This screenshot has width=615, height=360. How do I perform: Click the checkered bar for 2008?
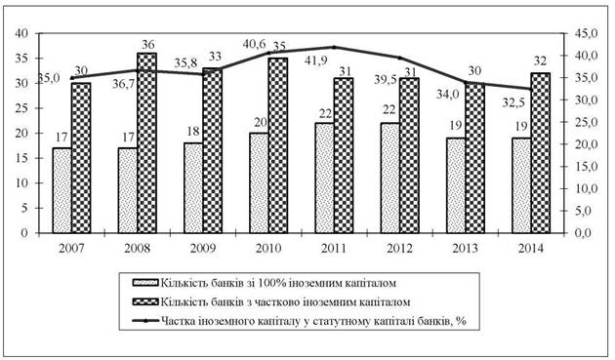click(x=147, y=142)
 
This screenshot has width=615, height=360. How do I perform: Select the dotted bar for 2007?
click(x=62, y=190)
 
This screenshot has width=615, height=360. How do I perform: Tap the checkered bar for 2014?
click(x=541, y=153)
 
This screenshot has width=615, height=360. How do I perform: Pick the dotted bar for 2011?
click(x=325, y=178)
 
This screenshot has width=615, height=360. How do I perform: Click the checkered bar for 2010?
click(x=278, y=145)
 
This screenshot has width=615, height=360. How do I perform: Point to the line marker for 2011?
click(x=334, y=47)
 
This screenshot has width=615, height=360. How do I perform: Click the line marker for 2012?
click(x=399, y=58)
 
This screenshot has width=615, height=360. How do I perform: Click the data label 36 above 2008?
click(x=147, y=45)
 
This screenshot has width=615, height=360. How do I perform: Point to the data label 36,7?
click(x=124, y=84)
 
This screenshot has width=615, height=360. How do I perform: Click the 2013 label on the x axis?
click(x=466, y=249)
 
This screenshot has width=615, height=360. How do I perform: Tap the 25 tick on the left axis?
click(x=21, y=108)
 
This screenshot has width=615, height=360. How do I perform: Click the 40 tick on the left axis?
click(x=21, y=34)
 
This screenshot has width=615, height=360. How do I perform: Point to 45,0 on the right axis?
click(x=585, y=34)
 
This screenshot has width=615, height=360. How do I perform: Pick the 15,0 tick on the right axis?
click(x=585, y=167)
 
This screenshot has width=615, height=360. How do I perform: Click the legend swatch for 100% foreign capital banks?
click(x=145, y=283)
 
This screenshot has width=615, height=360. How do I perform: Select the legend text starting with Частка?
click(x=313, y=321)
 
